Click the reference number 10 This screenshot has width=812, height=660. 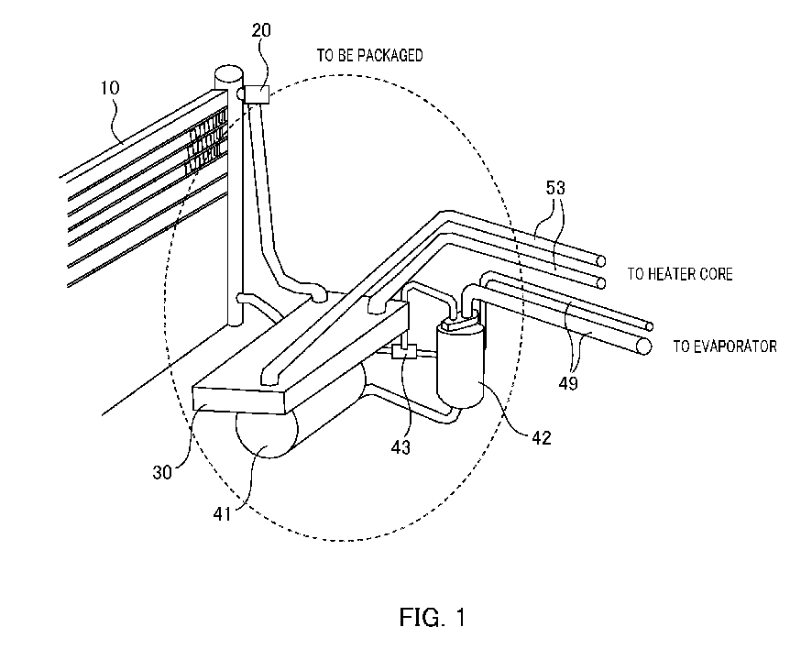tap(109, 88)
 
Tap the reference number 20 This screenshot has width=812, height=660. tap(261, 30)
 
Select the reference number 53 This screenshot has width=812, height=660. tap(555, 188)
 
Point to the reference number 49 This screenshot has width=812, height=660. tap(568, 383)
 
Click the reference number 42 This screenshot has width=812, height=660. tap(542, 438)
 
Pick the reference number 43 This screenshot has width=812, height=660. tap(401, 447)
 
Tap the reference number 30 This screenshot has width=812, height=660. tap(162, 472)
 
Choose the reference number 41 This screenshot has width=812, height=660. tap(222, 514)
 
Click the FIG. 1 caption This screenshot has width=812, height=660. tap(433, 617)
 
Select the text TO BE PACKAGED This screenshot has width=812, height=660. tap(369, 55)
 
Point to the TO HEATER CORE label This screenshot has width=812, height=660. tap(680, 273)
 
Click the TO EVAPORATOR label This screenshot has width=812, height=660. tap(725, 346)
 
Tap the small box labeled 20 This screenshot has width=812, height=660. tap(257, 94)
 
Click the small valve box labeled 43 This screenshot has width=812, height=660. tap(404, 352)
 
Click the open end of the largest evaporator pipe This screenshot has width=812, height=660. tap(643, 346)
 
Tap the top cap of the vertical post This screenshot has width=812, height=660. tap(228, 73)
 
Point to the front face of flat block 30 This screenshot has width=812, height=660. tap(238, 401)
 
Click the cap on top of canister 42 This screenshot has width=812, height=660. tap(460, 324)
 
